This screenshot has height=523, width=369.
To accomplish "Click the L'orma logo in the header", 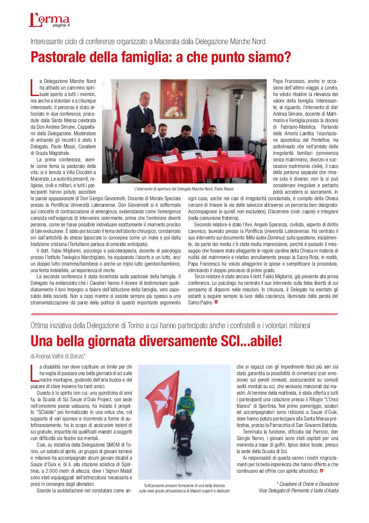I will point(49,19).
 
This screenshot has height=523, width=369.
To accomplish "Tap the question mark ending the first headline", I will point(287,57).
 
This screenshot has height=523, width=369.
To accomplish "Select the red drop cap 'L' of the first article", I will point(34,87).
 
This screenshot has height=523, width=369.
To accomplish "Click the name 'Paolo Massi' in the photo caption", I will point(224,189).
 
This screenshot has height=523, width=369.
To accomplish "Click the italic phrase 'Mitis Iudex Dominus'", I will point(262,237).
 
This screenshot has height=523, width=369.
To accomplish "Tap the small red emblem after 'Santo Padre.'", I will point(216,302).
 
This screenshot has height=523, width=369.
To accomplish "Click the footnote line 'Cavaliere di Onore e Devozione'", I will point(308,484).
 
